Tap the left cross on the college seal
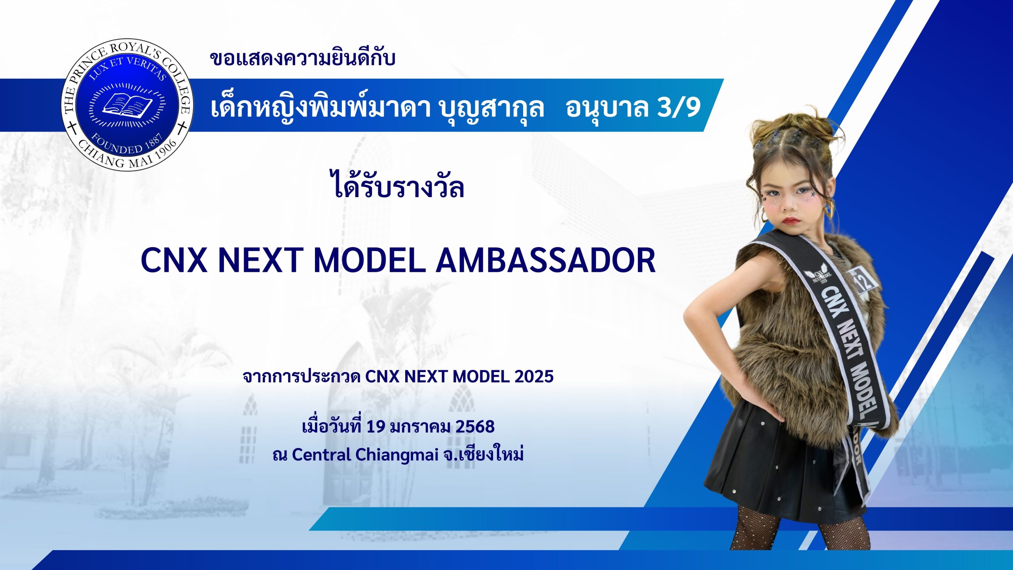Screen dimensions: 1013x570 (x=72, y=129)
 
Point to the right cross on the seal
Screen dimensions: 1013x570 (x=182, y=128)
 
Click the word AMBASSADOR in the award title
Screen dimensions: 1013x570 (x=546, y=260)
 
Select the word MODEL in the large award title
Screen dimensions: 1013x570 (x=369, y=260)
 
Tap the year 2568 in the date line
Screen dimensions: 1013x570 (x=475, y=427)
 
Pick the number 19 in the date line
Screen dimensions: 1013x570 (x=376, y=427)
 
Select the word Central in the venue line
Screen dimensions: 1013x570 (x=321, y=455)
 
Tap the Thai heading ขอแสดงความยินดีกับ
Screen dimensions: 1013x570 (x=302, y=59)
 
